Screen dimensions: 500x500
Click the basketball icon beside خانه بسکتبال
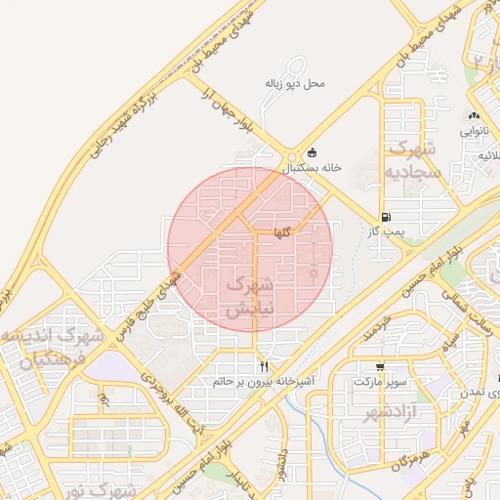[x=312, y=152]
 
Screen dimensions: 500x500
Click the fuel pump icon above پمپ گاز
[x=386, y=217]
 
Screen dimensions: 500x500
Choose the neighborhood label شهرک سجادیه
[x=415, y=159]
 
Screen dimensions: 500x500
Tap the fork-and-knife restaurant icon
[x=263, y=366]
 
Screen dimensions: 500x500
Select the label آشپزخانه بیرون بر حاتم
[x=263, y=381]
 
